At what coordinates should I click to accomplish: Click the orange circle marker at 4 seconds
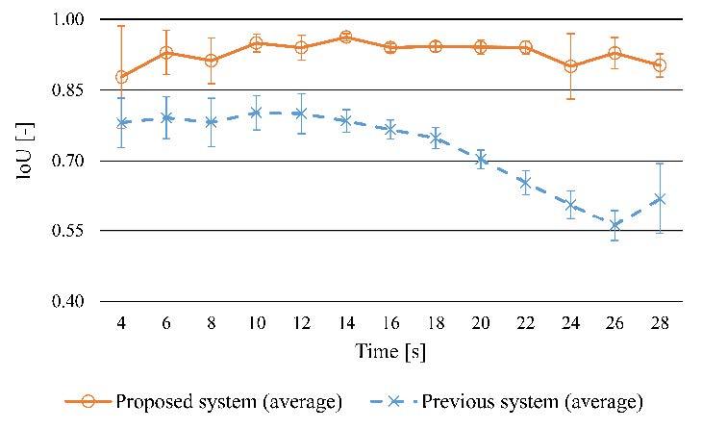121,77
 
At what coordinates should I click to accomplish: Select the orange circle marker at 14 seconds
345,37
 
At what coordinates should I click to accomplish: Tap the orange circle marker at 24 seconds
570,66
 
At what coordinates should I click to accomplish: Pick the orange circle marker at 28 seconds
660,65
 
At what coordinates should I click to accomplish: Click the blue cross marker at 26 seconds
615,225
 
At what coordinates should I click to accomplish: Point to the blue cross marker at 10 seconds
256,113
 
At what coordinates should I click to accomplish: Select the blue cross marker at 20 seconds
481,160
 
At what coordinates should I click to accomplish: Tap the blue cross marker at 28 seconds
660,199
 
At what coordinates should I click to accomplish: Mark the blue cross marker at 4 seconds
121,123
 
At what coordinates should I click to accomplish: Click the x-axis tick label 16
390,325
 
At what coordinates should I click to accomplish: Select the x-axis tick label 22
525,325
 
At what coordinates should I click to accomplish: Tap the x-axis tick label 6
166,325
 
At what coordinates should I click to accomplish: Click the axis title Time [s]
390,352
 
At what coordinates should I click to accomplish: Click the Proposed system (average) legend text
229,400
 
